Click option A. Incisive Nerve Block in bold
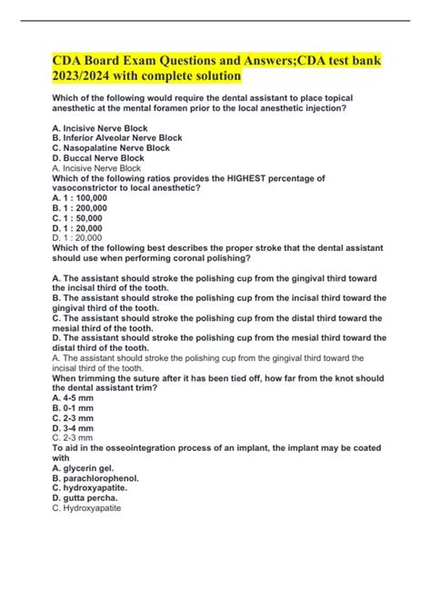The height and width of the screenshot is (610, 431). [x=99, y=128]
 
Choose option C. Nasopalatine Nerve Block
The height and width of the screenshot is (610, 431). [x=112, y=148]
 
